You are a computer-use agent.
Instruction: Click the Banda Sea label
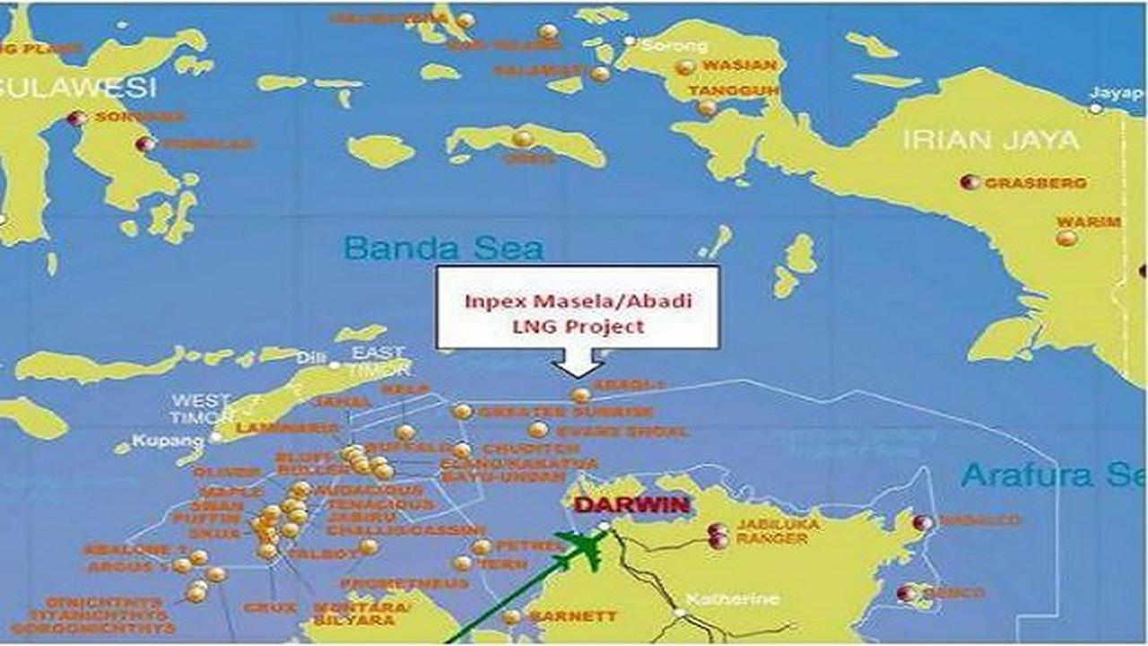[444, 249]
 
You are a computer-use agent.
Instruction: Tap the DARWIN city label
[631, 504]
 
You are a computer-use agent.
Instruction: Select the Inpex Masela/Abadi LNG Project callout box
[578, 308]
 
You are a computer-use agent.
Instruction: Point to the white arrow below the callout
[578, 365]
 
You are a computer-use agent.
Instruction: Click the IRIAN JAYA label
[990, 141]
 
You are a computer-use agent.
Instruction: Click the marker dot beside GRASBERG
[969, 182]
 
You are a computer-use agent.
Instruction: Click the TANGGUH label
[733, 92]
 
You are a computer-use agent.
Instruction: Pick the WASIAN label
[738, 66]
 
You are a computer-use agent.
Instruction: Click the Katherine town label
[735, 599]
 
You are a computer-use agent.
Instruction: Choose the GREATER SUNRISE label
[565, 412]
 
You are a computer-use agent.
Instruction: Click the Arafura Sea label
[1053, 475]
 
